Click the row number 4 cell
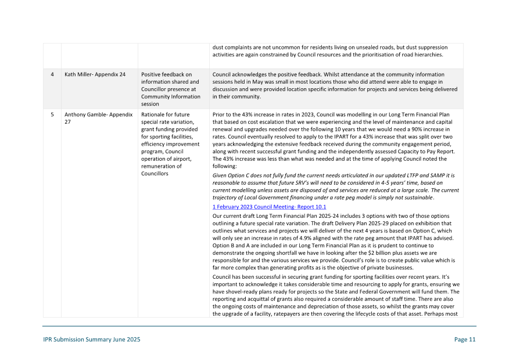coord(52,74)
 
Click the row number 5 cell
coord(52,114)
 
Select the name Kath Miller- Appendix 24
coord(95,74)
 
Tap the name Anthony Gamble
coord(84,114)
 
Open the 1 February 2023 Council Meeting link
coord(269,207)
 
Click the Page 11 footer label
coord(465,340)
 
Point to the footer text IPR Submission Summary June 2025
coord(91,340)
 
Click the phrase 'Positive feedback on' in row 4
coord(166,74)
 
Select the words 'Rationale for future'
coord(166,114)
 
